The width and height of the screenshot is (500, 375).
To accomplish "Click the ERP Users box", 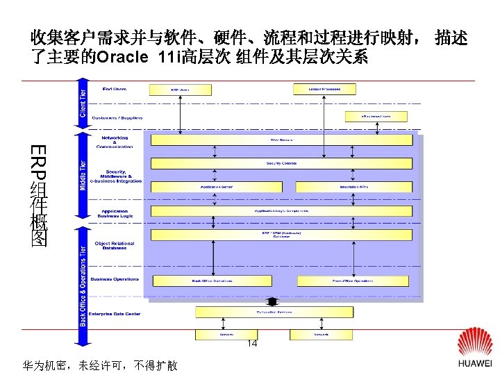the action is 179,89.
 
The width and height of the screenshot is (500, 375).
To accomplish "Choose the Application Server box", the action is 216,187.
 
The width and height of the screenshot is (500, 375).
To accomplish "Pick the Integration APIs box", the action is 353,187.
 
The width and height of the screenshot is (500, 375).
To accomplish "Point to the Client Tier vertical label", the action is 83,103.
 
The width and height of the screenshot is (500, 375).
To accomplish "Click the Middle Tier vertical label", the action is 83,177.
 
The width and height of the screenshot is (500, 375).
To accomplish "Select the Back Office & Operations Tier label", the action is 83,285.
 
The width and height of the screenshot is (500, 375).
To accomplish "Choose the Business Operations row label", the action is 115,279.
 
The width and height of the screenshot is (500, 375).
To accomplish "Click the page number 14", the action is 252,344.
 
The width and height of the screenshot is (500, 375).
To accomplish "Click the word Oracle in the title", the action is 122,57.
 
